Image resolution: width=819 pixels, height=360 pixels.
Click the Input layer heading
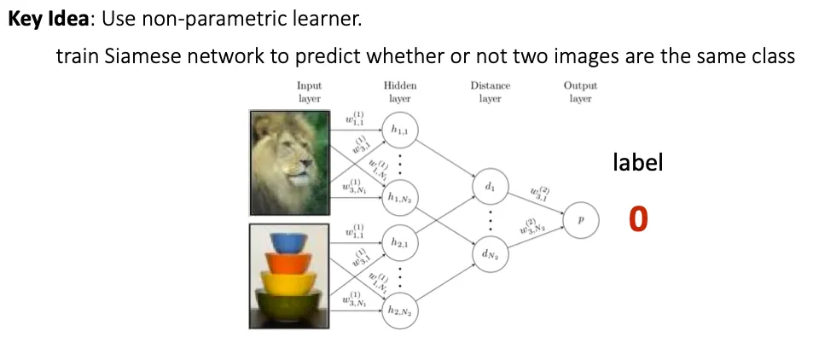(x=309, y=91)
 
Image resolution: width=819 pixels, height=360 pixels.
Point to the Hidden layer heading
(x=400, y=91)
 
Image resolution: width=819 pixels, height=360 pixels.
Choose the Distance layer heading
(x=490, y=91)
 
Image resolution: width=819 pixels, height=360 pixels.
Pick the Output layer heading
(x=580, y=91)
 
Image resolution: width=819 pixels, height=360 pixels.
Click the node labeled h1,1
(x=399, y=129)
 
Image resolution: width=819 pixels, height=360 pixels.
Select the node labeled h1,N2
(x=399, y=197)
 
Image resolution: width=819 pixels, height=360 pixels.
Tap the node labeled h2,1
(x=399, y=242)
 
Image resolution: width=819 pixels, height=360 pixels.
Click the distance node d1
(x=490, y=186)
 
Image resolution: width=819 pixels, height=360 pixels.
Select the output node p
(x=581, y=219)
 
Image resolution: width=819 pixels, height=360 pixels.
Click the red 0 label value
(x=637, y=219)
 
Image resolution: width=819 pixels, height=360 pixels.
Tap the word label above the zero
(x=637, y=163)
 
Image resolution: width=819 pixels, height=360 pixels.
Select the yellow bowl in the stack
(x=290, y=281)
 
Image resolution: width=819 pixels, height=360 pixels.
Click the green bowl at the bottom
(x=290, y=302)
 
